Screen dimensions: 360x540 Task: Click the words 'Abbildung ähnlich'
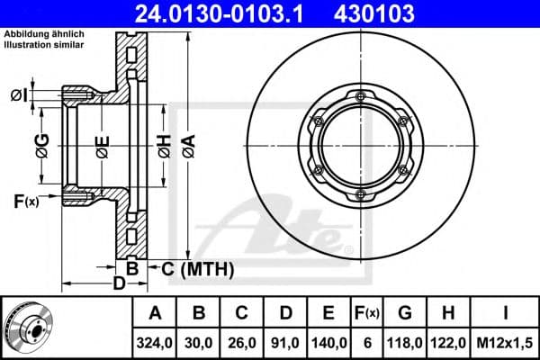pos(44,33)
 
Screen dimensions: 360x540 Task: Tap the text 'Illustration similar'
pos(45,43)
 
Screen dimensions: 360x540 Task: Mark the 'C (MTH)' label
pos(197,268)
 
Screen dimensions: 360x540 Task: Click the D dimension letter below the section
pos(119,284)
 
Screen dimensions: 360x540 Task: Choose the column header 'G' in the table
pos(405,313)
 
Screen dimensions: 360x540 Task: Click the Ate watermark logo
pos(288,229)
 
